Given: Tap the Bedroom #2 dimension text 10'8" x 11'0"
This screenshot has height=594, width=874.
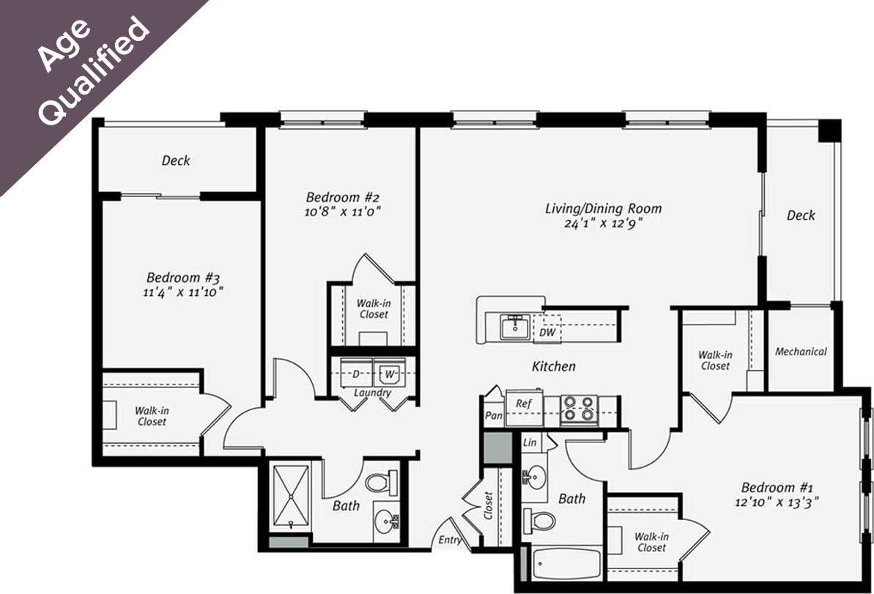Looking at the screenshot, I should [x=344, y=212].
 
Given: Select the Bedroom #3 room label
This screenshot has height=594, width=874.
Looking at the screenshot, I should [x=184, y=278].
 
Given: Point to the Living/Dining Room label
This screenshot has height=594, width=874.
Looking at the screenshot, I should [x=603, y=209].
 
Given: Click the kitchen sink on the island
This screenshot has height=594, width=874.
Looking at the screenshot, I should [x=516, y=326].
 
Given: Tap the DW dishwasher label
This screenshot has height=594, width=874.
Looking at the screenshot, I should [x=547, y=333].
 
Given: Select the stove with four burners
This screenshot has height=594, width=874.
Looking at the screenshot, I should [x=579, y=410].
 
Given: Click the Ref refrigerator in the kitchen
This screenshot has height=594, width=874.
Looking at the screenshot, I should [x=523, y=404].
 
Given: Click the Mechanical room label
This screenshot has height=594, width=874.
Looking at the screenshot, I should [x=801, y=352].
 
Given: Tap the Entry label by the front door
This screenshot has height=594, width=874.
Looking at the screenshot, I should [x=450, y=541].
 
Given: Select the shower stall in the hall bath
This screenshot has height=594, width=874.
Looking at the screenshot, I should [x=291, y=495].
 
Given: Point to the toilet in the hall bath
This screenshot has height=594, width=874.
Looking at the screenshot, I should [x=380, y=482].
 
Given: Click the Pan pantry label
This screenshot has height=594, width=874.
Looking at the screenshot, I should [x=493, y=416].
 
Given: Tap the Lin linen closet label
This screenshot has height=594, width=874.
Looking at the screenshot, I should [x=529, y=443].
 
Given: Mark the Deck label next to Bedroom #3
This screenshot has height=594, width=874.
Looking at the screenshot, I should [x=176, y=160].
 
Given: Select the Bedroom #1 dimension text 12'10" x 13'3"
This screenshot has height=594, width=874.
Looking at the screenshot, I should [x=779, y=502].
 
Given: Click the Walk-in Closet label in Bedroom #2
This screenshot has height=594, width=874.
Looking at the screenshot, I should [x=372, y=308].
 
